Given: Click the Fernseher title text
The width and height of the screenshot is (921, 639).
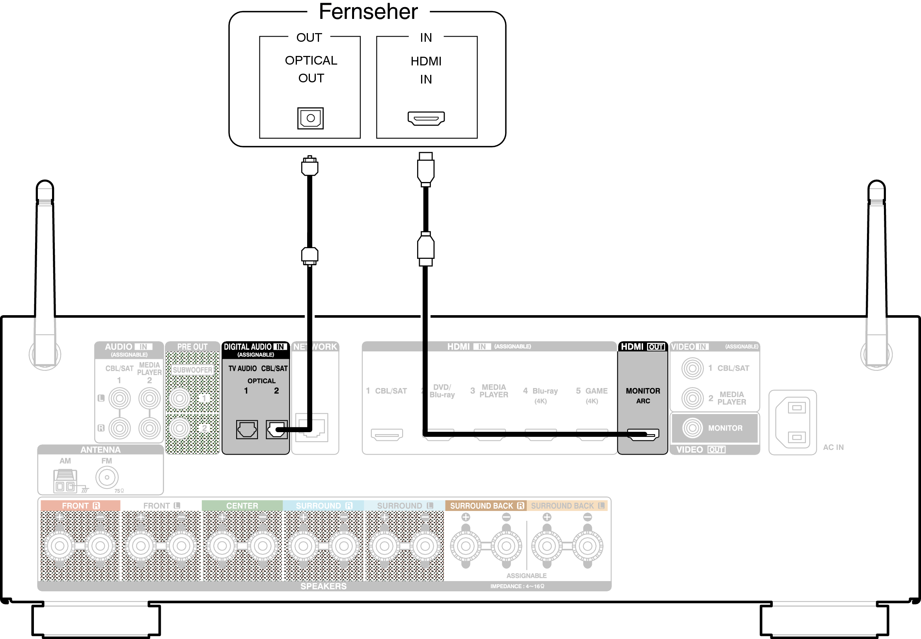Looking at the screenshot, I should click(368, 12).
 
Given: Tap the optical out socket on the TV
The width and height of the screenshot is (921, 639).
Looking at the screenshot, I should click(310, 118).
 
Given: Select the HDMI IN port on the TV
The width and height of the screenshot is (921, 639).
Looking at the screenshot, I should click(426, 118).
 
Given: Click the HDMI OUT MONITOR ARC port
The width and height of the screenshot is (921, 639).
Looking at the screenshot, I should click(643, 435).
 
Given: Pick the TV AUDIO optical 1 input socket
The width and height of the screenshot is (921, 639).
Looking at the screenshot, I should click(246, 429).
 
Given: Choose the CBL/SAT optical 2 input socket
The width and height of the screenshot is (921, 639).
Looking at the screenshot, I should click(276, 429).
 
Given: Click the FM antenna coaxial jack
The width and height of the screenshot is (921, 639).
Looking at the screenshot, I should click(106, 477).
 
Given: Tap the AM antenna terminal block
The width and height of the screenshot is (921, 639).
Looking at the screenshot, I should click(65, 481).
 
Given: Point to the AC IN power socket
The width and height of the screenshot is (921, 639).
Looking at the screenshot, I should click(792, 422).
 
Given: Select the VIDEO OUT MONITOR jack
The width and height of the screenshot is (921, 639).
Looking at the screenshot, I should click(692, 428).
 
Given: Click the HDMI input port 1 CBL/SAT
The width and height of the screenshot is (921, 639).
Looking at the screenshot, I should click(387, 435).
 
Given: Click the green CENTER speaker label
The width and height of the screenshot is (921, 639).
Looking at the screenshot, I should click(242, 506).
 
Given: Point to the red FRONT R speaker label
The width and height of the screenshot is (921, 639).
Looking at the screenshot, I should click(80, 506).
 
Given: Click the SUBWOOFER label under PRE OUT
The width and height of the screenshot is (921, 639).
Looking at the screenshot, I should click(192, 370).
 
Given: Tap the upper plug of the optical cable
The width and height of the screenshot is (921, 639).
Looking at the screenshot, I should click(309, 166).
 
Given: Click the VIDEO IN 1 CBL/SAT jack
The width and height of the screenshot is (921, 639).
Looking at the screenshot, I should click(692, 368).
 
